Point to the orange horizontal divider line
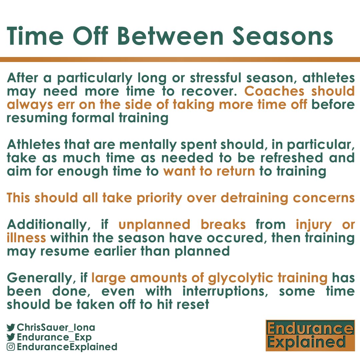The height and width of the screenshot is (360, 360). [180, 60]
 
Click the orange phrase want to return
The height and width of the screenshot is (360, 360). [209, 171]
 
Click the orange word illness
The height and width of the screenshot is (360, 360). [26, 238]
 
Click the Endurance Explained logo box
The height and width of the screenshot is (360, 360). [310, 336]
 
